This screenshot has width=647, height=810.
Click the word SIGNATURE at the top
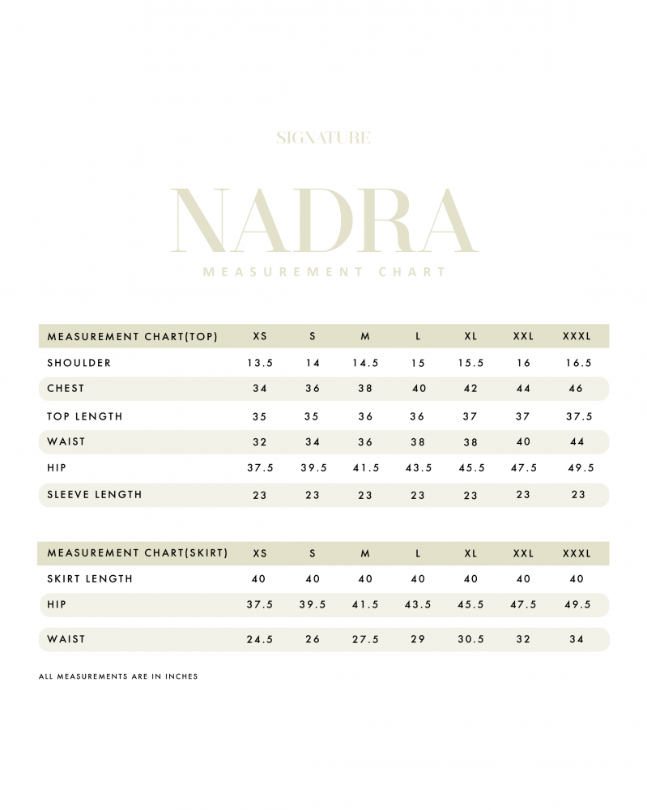pyautogui.click(x=323, y=138)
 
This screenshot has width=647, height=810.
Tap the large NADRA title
pyautogui.click(x=324, y=221)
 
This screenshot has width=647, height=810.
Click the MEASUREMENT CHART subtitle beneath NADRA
pyautogui.click(x=324, y=272)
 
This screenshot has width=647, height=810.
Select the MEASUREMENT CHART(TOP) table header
pyautogui.click(x=133, y=336)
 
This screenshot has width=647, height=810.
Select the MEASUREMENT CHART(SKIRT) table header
pyautogui.click(x=138, y=553)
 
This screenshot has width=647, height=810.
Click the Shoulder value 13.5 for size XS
pyautogui.click(x=260, y=363)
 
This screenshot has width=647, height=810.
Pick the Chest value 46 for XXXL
pyautogui.click(x=577, y=389)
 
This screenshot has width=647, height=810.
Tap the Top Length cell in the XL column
pyautogui.click(x=470, y=417)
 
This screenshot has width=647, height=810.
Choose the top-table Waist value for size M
pyautogui.click(x=365, y=442)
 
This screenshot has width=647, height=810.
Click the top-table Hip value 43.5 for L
pyautogui.click(x=418, y=468)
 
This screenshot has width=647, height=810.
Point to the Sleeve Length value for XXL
pyautogui.click(x=523, y=494)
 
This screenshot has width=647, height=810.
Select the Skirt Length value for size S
pyautogui.click(x=313, y=579)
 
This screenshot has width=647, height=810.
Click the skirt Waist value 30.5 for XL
pyautogui.click(x=470, y=639)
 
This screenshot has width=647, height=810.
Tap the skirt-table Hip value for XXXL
pyautogui.click(x=577, y=605)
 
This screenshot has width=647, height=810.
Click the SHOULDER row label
pyautogui.click(x=79, y=363)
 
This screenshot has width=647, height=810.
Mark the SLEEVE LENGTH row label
pyautogui.click(x=95, y=494)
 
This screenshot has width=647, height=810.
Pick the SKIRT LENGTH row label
pyautogui.click(x=90, y=579)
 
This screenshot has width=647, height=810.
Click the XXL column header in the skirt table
pyautogui.click(x=523, y=553)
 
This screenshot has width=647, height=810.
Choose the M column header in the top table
pyautogui.click(x=365, y=336)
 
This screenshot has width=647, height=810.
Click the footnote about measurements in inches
pyautogui.click(x=118, y=676)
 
